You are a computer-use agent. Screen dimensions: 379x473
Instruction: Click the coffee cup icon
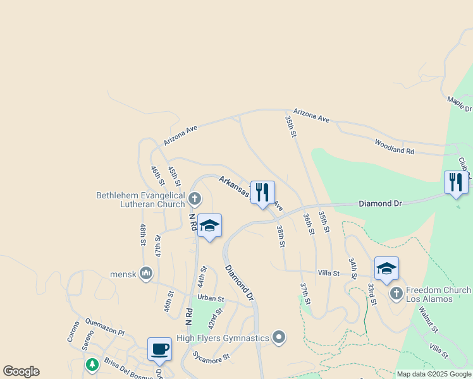pyautogui.click(x=160, y=349)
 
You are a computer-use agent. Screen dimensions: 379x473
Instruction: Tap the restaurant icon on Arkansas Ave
pyautogui.click(x=262, y=192)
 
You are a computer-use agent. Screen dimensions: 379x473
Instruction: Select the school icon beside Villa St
pyautogui.click(x=386, y=268)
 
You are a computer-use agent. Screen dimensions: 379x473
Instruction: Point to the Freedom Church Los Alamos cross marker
pyautogui.click(x=396, y=293)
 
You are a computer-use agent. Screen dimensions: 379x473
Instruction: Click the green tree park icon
pyautogui.click(x=92, y=365)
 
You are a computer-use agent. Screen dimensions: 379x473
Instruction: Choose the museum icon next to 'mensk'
pyautogui.click(x=146, y=274)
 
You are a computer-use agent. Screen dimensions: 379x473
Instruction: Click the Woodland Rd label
pyautogui.click(x=394, y=147)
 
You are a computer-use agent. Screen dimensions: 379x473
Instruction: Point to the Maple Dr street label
pyautogui.click(x=460, y=103)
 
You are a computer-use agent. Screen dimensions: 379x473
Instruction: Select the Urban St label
pyautogui.click(x=211, y=298)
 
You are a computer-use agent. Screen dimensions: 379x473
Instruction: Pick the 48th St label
pyautogui.click(x=144, y=234)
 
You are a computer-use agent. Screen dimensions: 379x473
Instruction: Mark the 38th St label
pyautogui.click(x=281, y=237)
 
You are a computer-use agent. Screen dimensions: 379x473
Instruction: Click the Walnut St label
pyautogui.click(x=425, y=318)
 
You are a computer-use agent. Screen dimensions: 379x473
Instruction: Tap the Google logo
pyautogui.click(x=21, y=371)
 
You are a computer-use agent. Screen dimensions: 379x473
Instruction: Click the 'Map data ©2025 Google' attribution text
pyautogui.click(x=434, y=374)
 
